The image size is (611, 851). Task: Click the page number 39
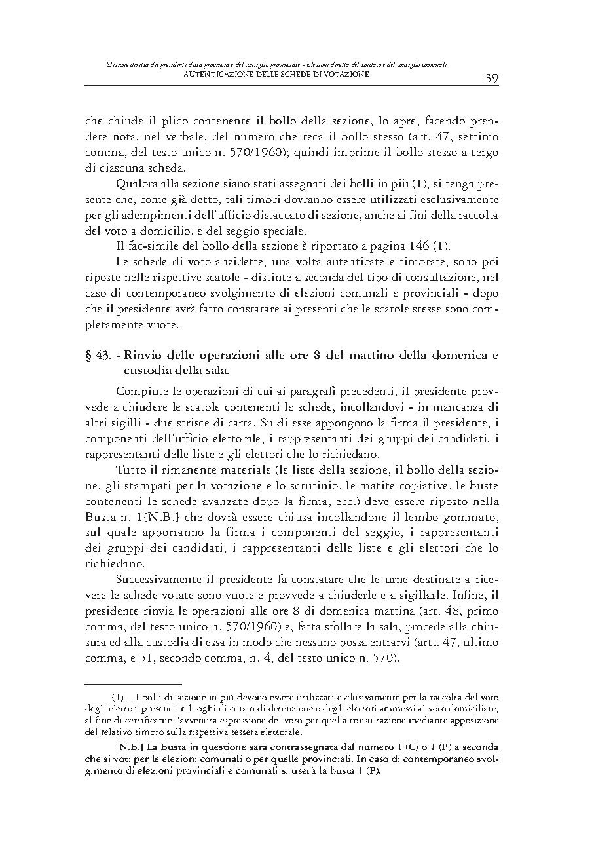click(492, 78)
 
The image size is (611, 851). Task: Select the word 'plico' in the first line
click(159, 122)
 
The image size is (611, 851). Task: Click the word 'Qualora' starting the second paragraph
click(138, 183)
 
